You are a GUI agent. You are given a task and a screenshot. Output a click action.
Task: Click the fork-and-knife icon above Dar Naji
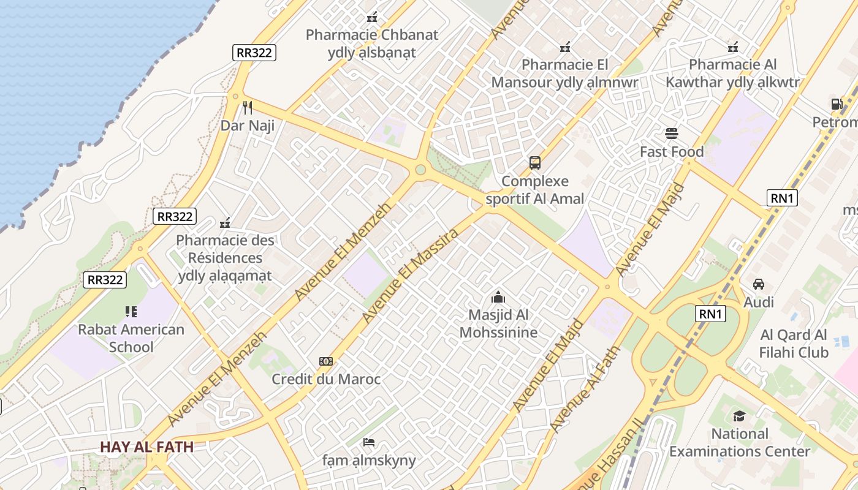[x=248, y=108]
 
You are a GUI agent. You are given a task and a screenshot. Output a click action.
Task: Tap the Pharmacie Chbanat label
[x=372, y=43]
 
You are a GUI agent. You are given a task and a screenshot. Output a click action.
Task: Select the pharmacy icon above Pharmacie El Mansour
[x=565, y=47]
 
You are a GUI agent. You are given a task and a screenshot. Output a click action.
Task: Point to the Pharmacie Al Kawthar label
[x=733, y=73]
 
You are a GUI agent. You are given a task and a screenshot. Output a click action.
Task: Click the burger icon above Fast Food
[x=672, y=134]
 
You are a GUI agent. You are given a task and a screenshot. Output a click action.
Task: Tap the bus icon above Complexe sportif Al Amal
[x=535, y=163]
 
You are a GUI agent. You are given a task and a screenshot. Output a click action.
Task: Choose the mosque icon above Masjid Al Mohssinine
[x=498, y=298]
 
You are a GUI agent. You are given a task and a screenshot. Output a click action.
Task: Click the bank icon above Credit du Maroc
[x=326, y=361]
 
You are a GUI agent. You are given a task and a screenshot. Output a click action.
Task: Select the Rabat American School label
[x=131, y=338]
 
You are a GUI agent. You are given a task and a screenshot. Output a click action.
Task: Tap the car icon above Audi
[x=759, y=284]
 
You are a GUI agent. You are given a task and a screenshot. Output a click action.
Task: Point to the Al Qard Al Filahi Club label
[x=794, y=344]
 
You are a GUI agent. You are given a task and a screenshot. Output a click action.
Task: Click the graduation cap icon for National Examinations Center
[x=739, y=417]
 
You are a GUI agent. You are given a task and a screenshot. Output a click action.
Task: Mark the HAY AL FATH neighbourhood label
[x=147, y=447]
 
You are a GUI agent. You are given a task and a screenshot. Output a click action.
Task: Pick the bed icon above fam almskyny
[x=369, y=442]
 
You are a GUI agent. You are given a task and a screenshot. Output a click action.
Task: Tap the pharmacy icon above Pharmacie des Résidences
[x=225, y=222]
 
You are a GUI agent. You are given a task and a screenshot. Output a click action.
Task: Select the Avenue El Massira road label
[x=411, y=276]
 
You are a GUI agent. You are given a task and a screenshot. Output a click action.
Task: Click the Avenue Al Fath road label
[x=585, y=390]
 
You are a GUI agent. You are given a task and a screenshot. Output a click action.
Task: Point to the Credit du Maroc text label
[x=326, y=379]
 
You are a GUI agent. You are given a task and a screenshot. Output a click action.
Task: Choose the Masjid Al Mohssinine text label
[x=498, y=323]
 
